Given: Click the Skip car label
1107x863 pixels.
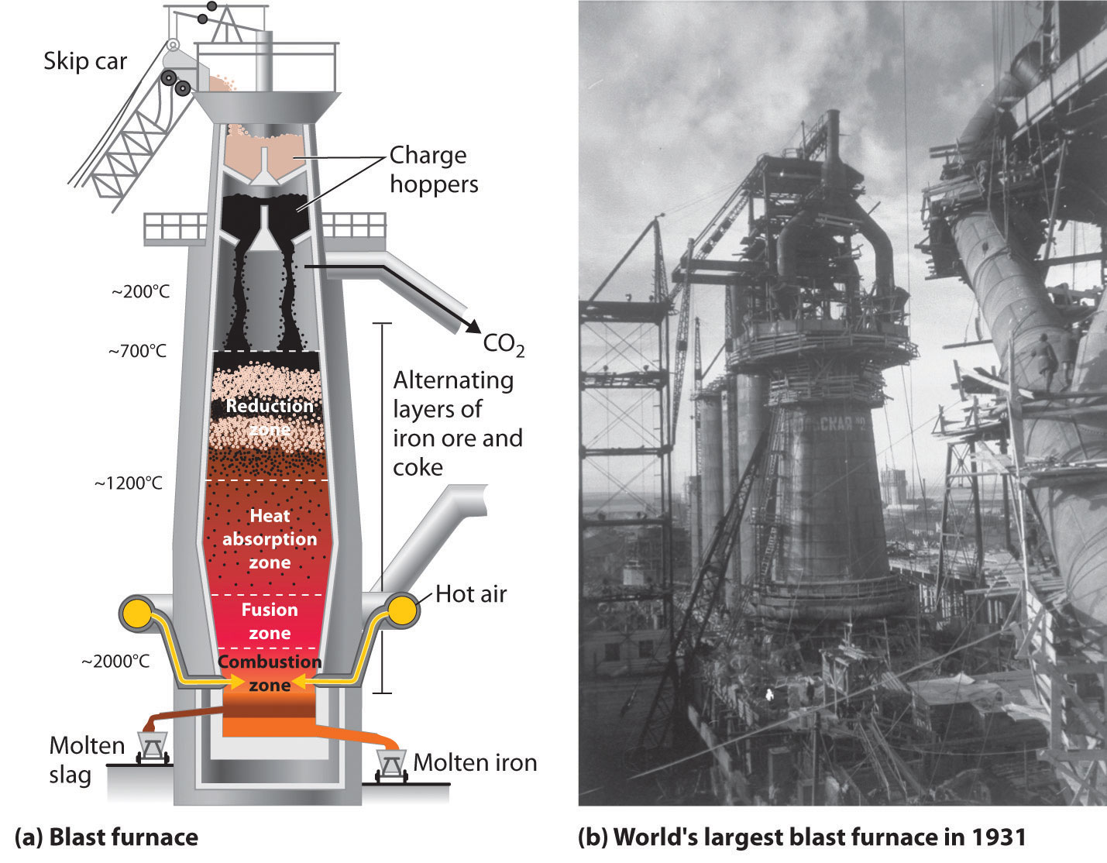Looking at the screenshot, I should (85, 61).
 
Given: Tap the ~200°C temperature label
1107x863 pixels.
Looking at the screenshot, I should (140, 292).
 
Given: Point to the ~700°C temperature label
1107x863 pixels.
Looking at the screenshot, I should (137, 352).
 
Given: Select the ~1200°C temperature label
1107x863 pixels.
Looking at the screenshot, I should (129, 483).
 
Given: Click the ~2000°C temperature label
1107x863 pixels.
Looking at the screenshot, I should (115, 662).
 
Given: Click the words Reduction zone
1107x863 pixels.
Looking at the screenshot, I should (269, 418).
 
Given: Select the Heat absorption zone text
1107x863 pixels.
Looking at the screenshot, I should (270, 539).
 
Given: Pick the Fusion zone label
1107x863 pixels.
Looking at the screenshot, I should (270, 621).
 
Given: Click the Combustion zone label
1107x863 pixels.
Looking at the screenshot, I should (270, 673).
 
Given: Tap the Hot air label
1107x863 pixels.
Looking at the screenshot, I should (471, 594).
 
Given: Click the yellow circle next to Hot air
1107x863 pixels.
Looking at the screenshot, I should (402, 612).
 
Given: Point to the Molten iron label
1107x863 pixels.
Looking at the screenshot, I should (475, 762).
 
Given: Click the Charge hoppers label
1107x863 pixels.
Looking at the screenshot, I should (434, 170).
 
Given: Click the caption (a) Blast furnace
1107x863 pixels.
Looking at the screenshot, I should (106, 837).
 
